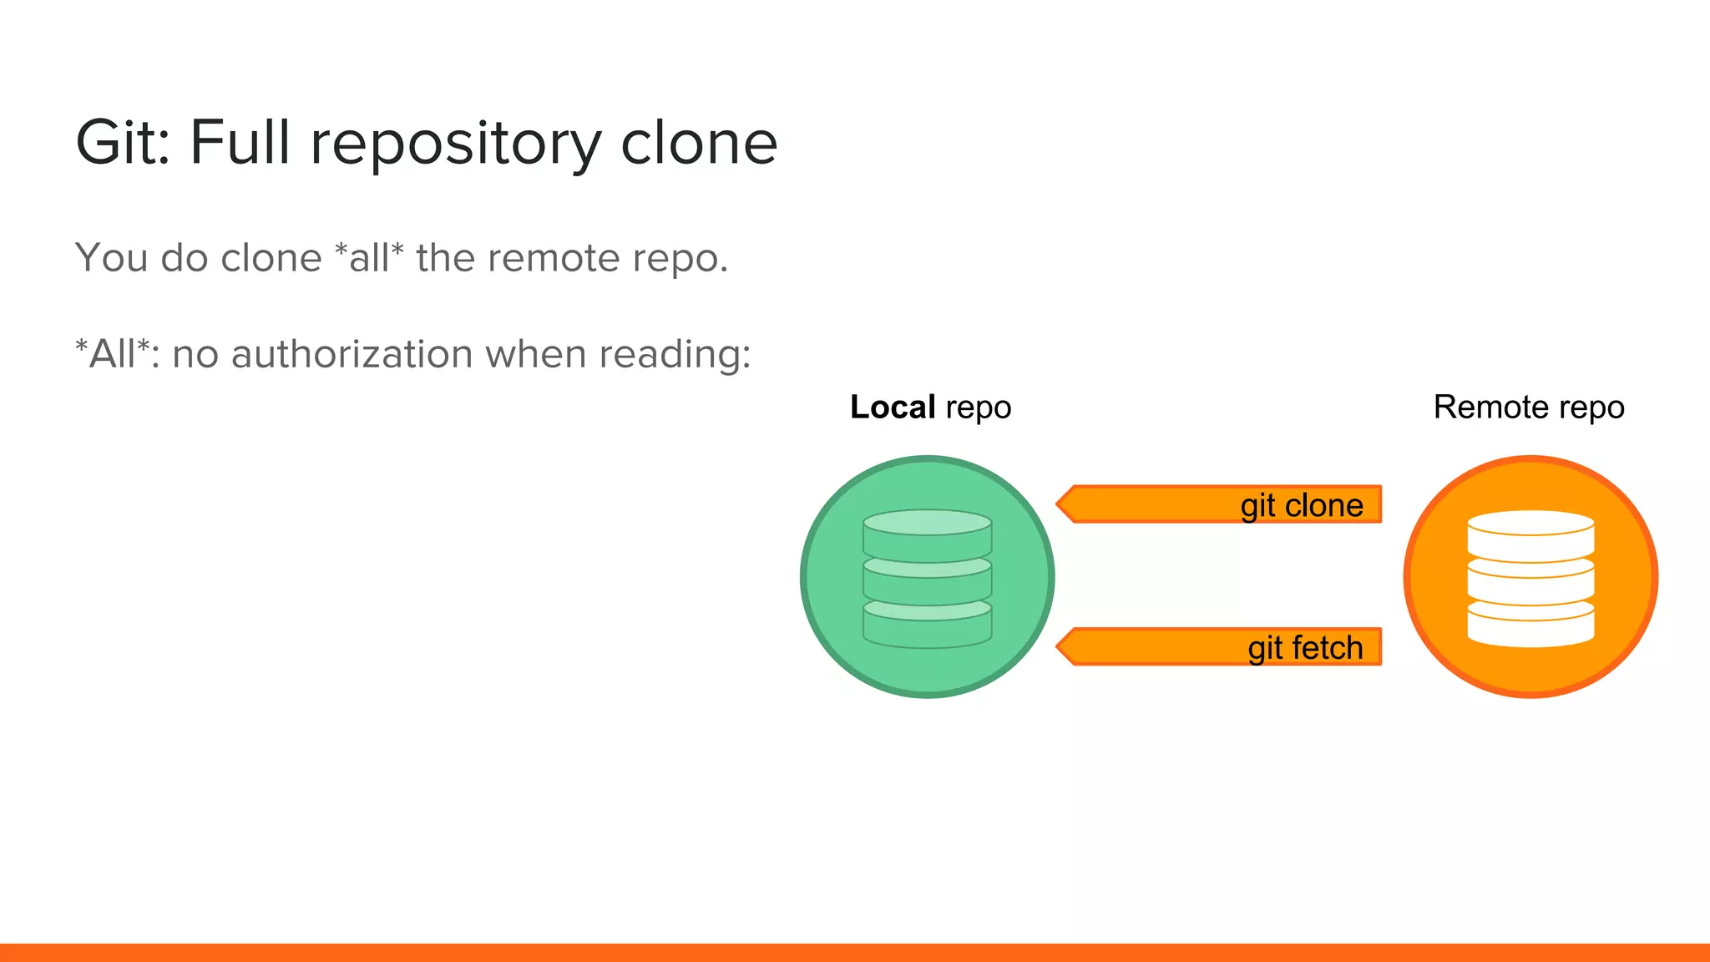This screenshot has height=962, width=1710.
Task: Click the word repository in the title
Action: pyautogui.click(x=455, y=144)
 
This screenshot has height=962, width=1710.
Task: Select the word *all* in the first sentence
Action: pyautogui.click(x=368, y=257)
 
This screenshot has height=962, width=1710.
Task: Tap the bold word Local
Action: pyautogui.click(x=892, y=408)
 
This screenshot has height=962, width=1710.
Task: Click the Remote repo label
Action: pyautogui.click(x=1528, y=408)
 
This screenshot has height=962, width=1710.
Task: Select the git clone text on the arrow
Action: pyautogui.click(x=1301, y=505)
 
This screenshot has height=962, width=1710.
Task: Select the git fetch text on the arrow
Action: pyautogui.click(x=1304, y=648)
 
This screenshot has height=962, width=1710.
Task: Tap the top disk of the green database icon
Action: pyautogui.click(x=927, y=524)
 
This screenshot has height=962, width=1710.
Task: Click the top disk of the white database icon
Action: pyautogui.click(x=1530, y=524)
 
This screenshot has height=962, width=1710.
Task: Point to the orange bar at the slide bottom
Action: pyautogui.click(x=855, y=952)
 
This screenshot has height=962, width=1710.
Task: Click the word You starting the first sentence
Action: pyautogui.click(x=111, y=257)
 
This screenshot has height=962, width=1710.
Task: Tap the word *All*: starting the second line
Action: pyautogui.click(x=117, y=354)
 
